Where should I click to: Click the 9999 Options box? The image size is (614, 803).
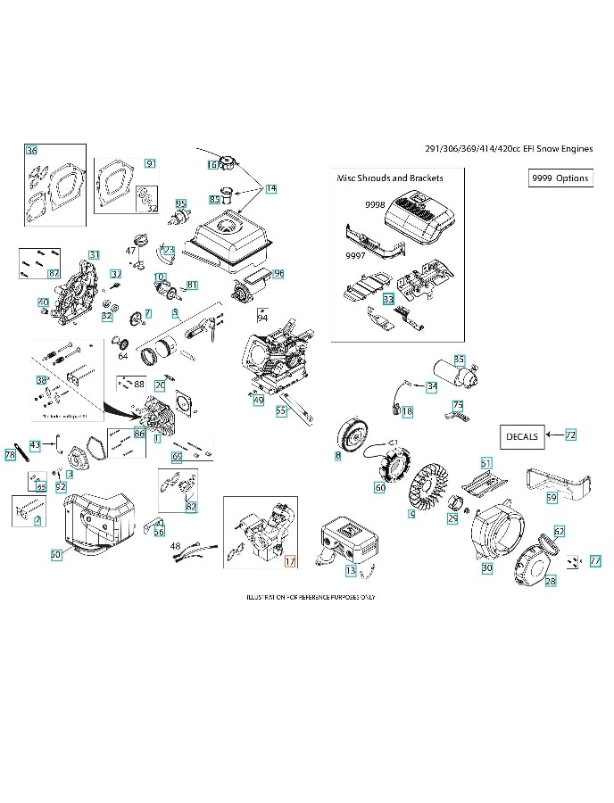pos(560,178)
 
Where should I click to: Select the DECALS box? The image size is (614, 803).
pos(521,436)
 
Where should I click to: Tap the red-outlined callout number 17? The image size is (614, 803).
pos(289,561)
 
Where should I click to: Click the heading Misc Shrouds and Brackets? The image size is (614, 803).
pos(389,178)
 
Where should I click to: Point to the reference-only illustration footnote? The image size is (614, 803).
pos(305,595)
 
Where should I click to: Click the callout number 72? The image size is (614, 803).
pos(570,435)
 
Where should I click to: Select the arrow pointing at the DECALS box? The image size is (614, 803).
pos(553,435)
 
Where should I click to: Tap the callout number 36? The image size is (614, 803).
pos(32,150)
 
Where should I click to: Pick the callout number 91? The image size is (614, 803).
pos(150,163)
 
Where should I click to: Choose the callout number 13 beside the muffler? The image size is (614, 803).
pos(351,569)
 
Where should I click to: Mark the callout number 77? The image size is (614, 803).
pos(595,560)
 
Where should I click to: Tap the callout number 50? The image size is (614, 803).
pos(55,554)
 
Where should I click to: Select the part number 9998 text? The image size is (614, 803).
pos(375,205)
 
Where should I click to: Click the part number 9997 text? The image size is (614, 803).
pos(355,256)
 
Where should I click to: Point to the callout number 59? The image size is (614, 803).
pos(552,497)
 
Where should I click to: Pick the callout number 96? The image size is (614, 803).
pos(278,273)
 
